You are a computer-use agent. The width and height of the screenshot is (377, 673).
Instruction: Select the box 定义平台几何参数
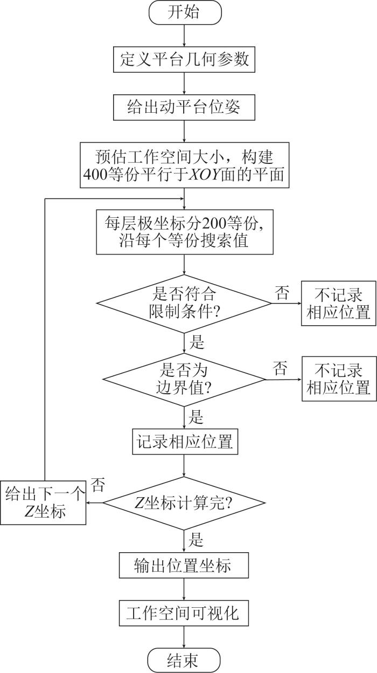(184, 59)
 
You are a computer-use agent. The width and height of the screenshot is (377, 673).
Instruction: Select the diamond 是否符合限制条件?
(184, 304)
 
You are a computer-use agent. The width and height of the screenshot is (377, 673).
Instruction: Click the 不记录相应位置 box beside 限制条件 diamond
(338, 304)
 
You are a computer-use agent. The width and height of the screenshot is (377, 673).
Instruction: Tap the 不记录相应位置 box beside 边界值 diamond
(338, 379)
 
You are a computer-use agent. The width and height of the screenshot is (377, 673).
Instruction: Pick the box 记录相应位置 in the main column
(184, 442)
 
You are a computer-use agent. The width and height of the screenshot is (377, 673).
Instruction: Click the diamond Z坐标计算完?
(184, 503)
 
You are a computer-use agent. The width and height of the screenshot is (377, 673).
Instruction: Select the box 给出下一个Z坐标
(43, 502)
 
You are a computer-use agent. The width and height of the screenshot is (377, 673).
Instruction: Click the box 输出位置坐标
(184, 566)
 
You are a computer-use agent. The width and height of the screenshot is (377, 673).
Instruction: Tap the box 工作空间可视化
(184, 614)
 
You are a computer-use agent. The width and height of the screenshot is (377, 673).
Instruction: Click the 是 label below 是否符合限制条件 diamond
(197, 342)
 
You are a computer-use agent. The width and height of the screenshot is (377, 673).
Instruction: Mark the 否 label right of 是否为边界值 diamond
(281, 369)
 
